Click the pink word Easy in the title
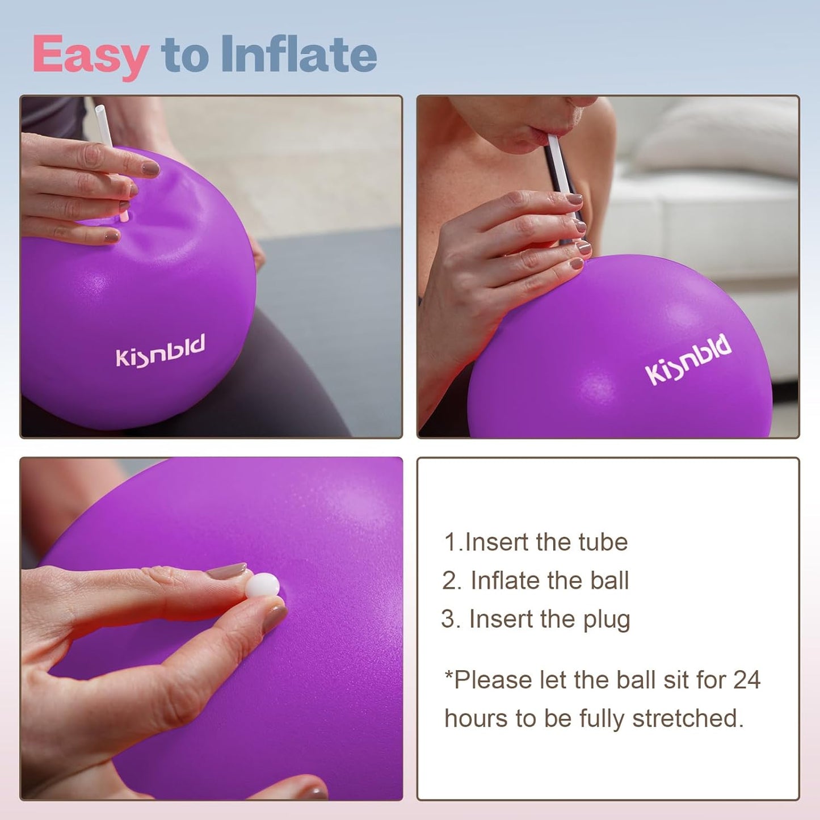tap(91, 55)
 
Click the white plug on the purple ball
tap(263, 584)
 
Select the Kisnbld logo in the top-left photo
tap(160, 351)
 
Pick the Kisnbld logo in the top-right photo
tap(688, 359)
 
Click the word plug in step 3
tap(607, 620)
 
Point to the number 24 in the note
tap(747, 680)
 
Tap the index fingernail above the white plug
tap(226, 571)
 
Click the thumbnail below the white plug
tap(275, 618)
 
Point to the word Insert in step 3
tap(493, 619)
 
